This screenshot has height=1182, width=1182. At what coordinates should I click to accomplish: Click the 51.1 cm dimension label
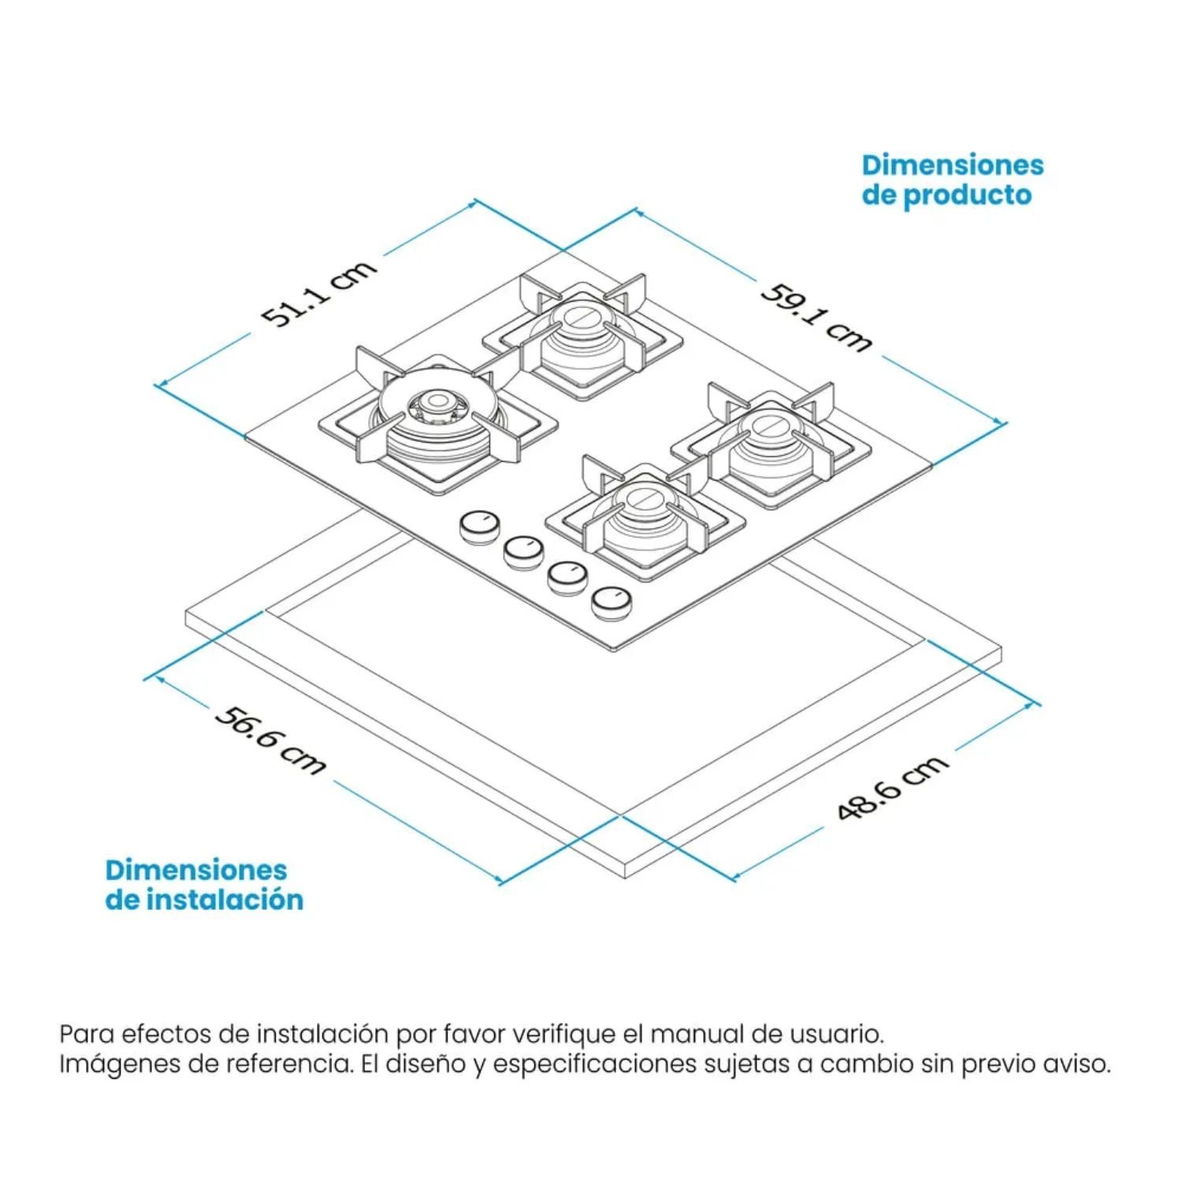pyautogui.click(x=320, y=293)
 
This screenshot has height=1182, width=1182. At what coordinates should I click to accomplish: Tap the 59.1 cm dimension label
pyautogui.click(x=817, y=317)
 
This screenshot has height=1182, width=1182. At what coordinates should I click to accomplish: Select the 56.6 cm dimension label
pyautogui.click(x=270, y=740)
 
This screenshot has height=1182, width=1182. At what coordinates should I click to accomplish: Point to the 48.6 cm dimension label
pyautogui.click(x=892, y=786)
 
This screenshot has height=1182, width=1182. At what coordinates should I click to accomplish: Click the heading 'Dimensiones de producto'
pyautogui.click(x=952, y=180)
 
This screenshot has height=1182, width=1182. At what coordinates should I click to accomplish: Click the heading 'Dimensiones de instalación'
pyautogui.click(x=204, y=884)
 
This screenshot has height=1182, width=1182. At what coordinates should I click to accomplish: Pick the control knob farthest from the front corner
pyautogui.click(x=479, y=526)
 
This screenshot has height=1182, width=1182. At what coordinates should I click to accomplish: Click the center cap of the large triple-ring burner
pyautogui.click(x=433, y=405)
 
